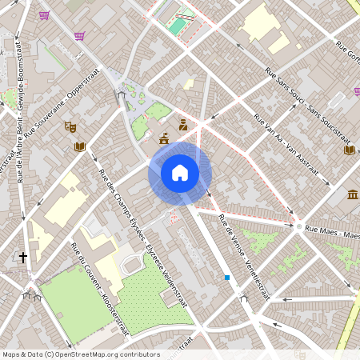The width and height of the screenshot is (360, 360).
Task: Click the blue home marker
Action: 180,172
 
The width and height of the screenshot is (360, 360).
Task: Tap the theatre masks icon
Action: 70,126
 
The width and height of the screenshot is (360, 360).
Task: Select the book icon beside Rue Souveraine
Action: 79,146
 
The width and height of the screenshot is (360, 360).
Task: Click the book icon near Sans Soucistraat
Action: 349,150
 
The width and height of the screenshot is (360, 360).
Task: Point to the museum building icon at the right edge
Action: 353,194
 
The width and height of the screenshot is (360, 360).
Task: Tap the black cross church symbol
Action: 23,258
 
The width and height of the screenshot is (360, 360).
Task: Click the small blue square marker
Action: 227,278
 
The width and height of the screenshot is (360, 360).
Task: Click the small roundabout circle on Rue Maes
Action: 298,227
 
